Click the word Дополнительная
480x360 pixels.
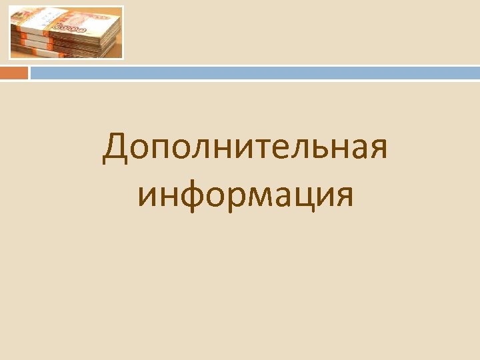245,148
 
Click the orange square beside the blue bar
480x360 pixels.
14,73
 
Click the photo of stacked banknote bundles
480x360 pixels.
66,33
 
